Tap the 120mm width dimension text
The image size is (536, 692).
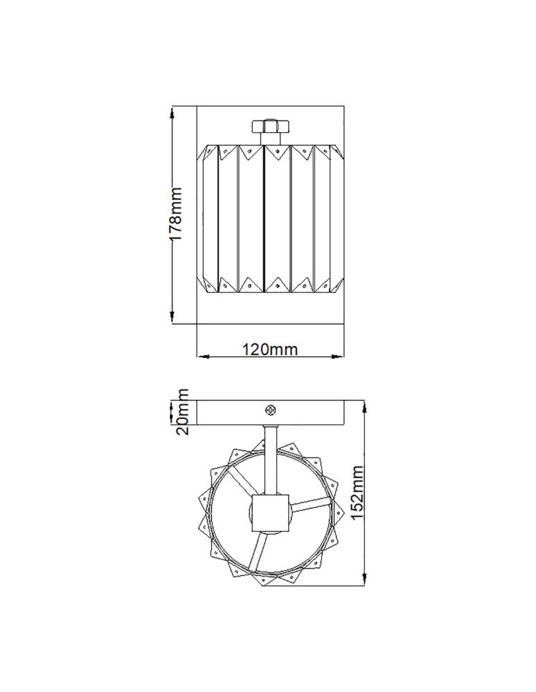pos(270,349)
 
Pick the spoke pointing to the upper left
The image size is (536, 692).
pos(243,482)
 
